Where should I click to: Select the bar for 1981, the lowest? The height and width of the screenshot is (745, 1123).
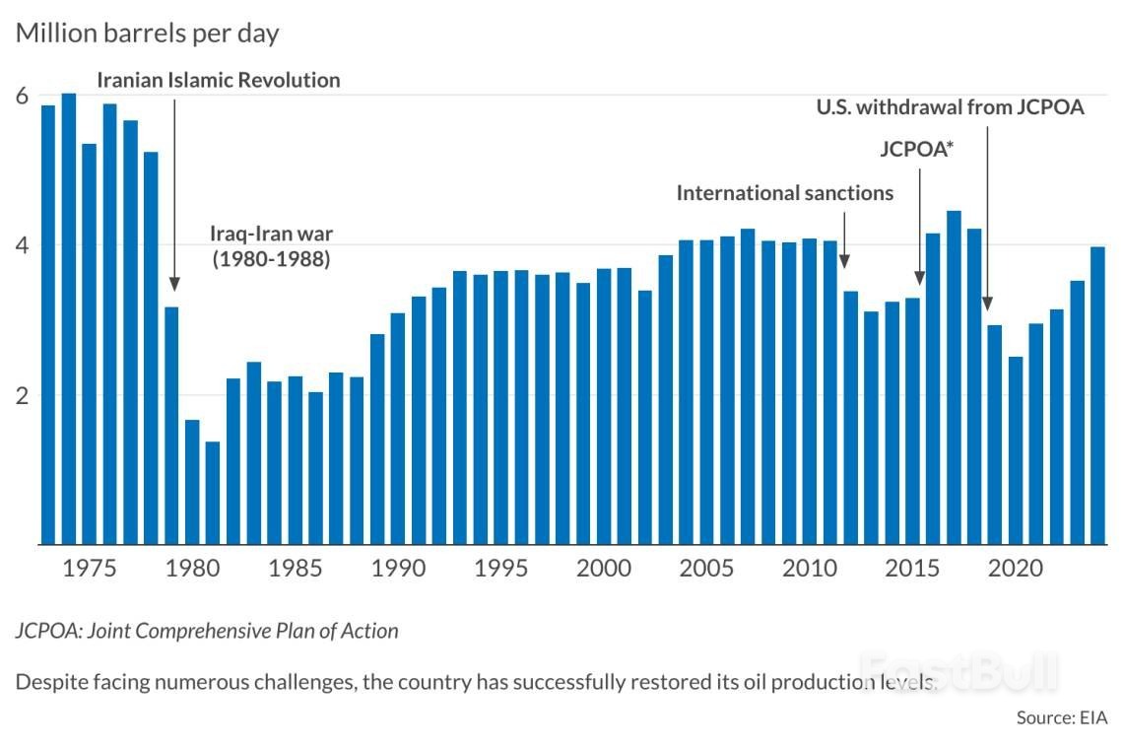tap(213, 492)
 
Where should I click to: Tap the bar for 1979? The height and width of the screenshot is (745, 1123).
tap(171, 425)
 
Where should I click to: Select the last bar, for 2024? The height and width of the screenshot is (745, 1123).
tap(1097, 394)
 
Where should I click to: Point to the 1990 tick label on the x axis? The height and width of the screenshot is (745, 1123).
tap(397, 571)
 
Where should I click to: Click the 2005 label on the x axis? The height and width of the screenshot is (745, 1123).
tap(705, 571)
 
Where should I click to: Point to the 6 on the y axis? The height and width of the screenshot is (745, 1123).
tap(21, 97)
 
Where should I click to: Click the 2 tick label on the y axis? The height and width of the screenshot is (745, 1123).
tap(21, 395)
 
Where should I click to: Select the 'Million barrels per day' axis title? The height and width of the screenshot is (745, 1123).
tap(147, 34)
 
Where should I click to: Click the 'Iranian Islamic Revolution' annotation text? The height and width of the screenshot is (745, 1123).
tap(219, 81)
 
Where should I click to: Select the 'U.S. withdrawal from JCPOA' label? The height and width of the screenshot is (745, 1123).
tap(951, 107)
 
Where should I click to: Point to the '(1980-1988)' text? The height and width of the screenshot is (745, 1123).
tap(271, 261)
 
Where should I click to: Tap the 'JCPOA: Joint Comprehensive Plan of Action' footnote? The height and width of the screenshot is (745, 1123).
tap(207, 631)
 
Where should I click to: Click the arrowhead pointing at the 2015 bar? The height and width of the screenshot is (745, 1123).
tap(920, 278)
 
